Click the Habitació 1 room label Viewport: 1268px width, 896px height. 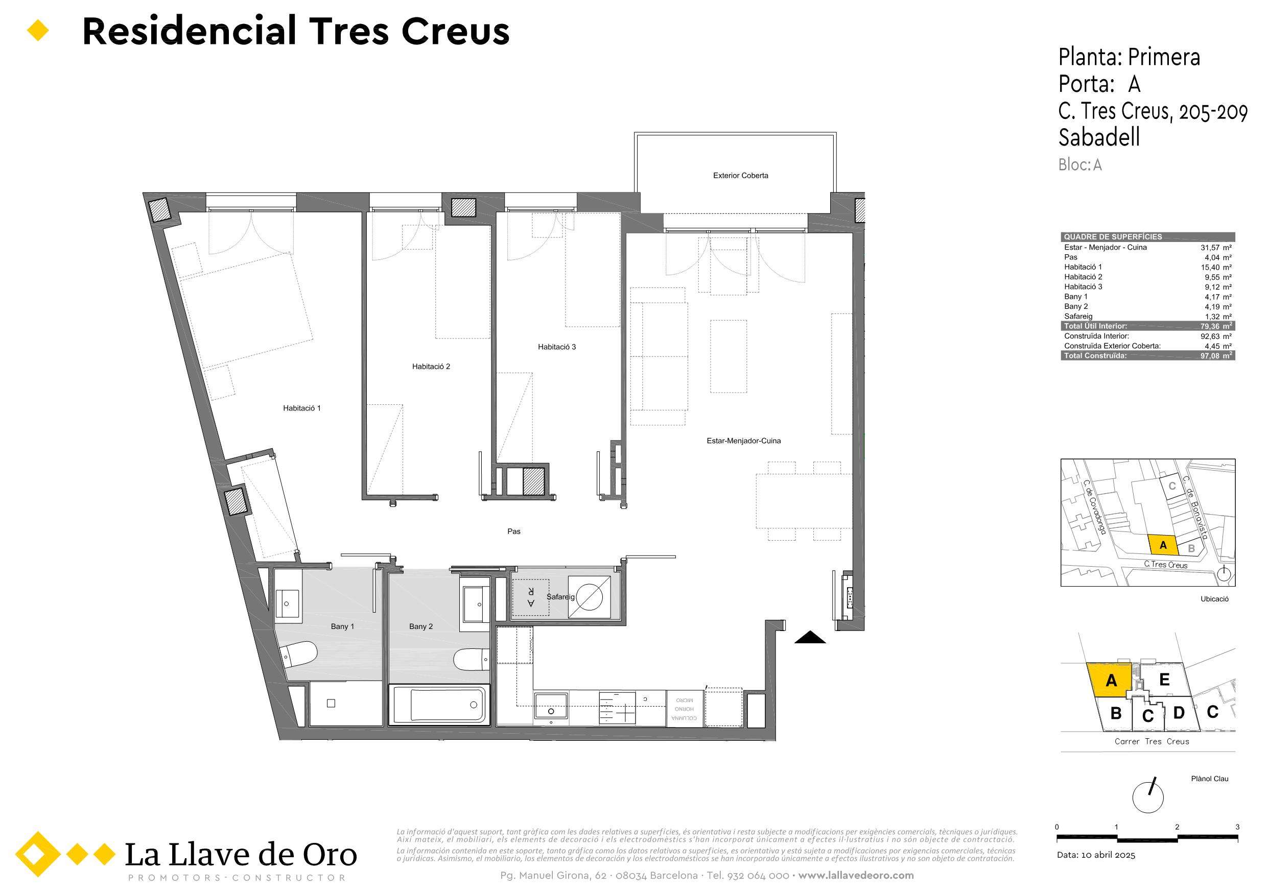(x=301, y=408)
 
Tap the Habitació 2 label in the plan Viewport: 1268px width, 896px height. (x=431, y=366)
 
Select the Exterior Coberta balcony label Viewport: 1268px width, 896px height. (x=741, y=176)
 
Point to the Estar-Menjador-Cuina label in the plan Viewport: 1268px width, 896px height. (x=744, y=441)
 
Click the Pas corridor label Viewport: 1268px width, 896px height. (x=513, y=531)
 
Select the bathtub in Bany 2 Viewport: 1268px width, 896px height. (x=439, y=705)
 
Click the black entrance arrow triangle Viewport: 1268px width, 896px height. (x=810, y=637)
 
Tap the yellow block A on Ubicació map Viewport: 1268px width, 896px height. (x=1163, y=544)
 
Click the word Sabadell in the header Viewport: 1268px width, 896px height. (x=1099, y=137)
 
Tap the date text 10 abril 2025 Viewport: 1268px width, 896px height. (x=1108, y=855)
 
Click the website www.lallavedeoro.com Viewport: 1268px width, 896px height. (x=857, y=876)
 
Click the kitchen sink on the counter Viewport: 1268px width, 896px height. (x=551, y=706)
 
